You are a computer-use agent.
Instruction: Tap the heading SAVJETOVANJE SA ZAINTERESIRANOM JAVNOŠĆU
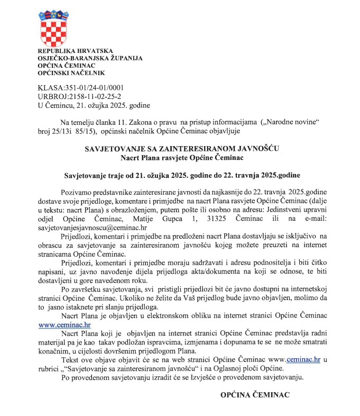pos(182,149)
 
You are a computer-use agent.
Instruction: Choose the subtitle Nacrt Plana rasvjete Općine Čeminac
pos(182,157)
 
